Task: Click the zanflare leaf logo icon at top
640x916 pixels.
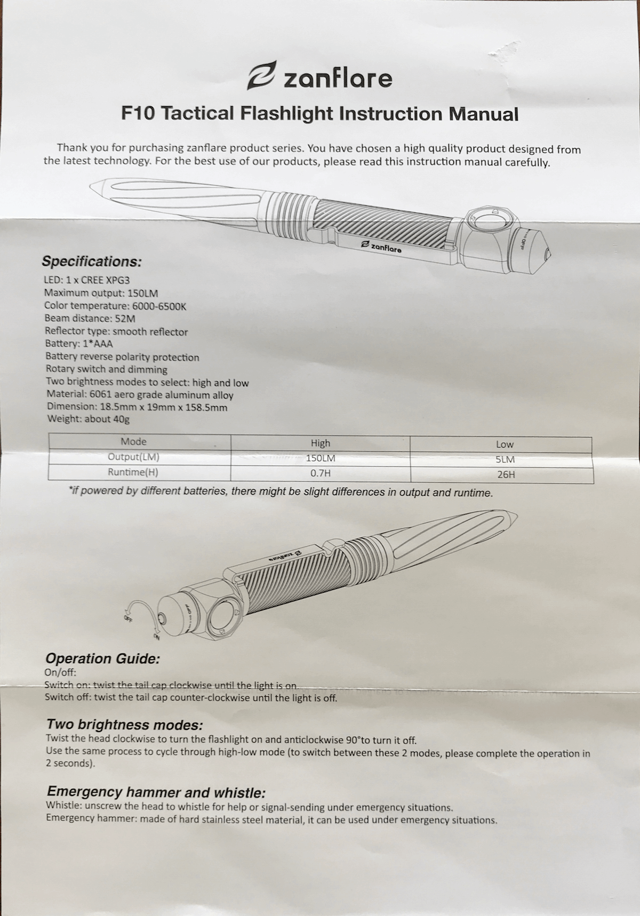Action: (262, 76)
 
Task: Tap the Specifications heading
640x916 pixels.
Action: (92, 262)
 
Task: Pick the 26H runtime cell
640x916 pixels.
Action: (505, 474)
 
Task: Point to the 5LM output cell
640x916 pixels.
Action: (505, 459)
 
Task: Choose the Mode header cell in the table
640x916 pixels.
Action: (133, 442)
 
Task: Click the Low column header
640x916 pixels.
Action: (505, 444)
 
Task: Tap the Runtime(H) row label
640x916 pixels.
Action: (133, 472)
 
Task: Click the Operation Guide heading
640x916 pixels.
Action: (102, 659)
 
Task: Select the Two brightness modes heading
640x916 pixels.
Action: (125, 725)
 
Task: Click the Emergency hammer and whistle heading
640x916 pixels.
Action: (156, 792)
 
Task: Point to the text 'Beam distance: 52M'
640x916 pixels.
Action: (90, 319)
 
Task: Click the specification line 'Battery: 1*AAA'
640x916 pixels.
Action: (79, 344)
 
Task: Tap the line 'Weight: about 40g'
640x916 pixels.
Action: (89, 419)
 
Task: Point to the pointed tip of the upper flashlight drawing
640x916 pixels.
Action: (94, 188)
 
